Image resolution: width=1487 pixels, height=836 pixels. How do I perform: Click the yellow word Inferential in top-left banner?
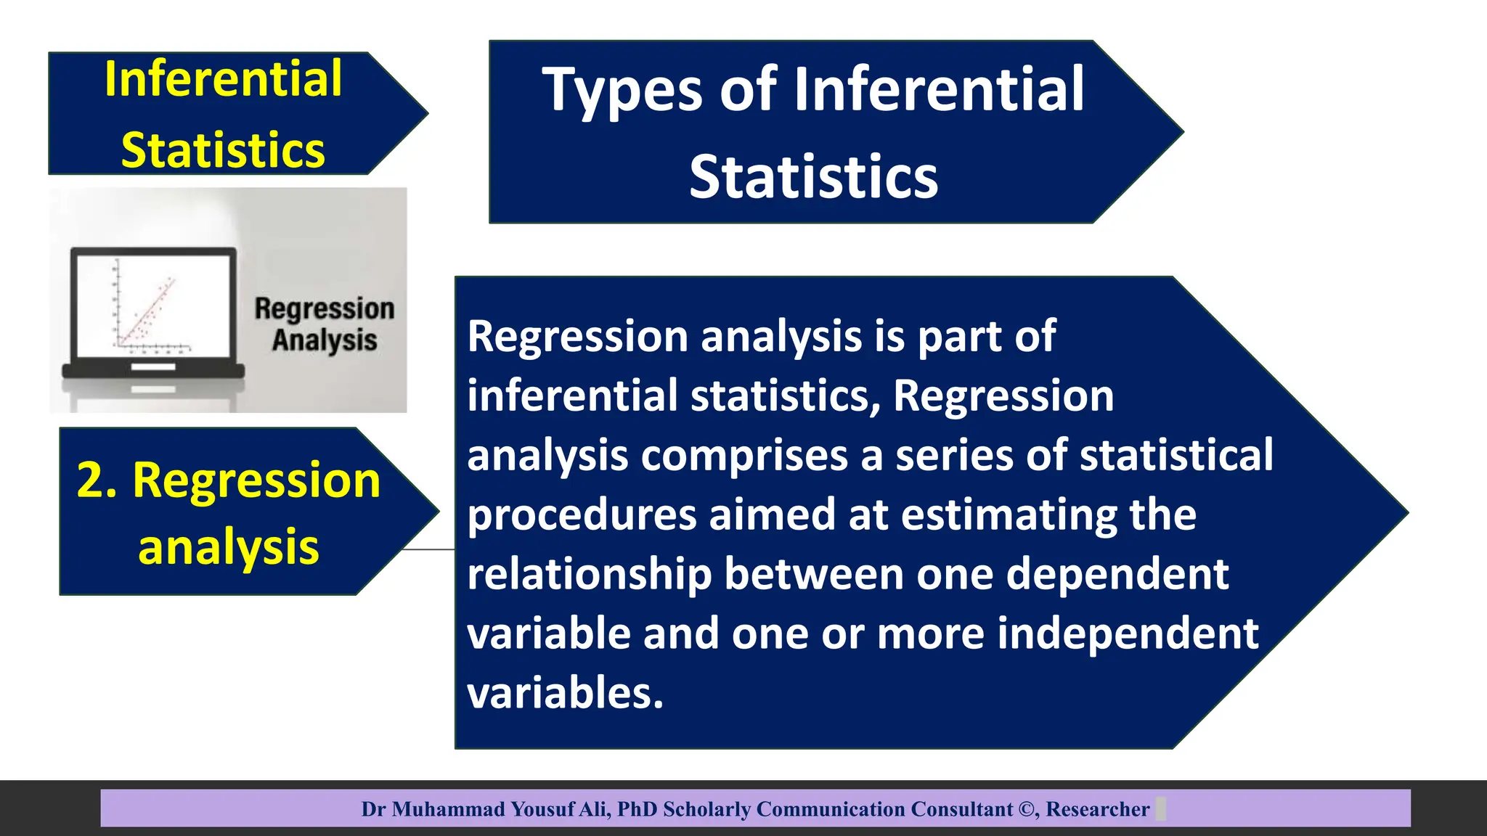click(223, 79)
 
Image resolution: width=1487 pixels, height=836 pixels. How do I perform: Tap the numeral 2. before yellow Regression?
click(97, 480)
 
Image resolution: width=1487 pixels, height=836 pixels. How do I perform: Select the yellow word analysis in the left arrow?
click(228, 547)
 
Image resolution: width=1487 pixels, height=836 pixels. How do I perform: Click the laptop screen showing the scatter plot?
click(153, 304)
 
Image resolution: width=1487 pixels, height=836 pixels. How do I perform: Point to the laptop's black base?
click(153, 371)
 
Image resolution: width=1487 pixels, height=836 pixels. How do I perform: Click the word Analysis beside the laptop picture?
click(325, 340)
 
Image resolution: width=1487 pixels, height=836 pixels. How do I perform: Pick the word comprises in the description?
click(744, 456)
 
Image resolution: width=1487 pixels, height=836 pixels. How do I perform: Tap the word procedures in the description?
click(582, 515)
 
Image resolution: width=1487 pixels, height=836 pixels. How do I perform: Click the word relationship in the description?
click(589, 575)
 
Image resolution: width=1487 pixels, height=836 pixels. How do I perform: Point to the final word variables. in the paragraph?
click(565, 693)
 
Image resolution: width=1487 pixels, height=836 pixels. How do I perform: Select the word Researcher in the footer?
click(1097, 809)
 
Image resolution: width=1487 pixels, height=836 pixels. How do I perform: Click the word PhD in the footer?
click(637, 809)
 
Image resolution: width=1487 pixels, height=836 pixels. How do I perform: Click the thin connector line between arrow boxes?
click(428, 550)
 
